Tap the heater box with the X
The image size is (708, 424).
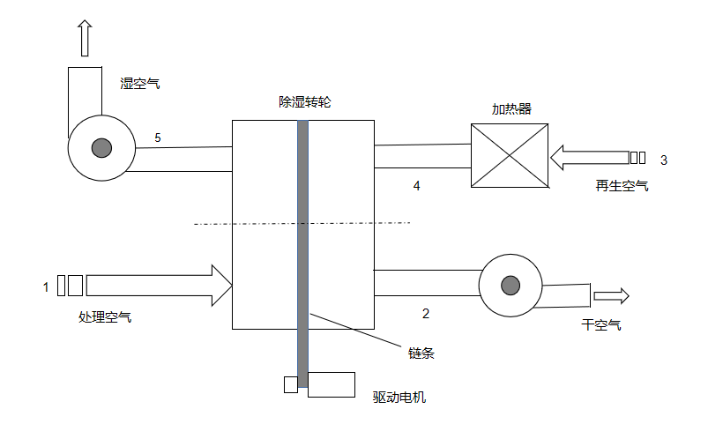coord(510,155)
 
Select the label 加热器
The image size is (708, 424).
coord(511,108)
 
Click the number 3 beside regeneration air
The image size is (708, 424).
coord(663,160)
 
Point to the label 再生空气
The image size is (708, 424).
coord(622,185)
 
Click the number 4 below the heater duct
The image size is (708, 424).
coord(417,185)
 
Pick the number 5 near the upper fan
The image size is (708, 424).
coord(158,138)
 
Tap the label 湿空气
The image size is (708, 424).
coord(140,84)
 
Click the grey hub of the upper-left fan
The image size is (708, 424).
coord(101,147)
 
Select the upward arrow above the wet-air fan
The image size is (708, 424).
coord(85,39)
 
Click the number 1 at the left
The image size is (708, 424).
coord(46,286)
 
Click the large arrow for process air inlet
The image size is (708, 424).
coord(159,285)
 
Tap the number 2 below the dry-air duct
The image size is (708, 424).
coord(426,313)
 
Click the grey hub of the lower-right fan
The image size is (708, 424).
coord(510,285)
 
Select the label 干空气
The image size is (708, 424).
coord(601,324)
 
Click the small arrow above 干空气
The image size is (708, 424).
coord(611,295)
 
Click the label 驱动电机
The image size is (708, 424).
coord(399,398)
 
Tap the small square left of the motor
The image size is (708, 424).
coord(290,384)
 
